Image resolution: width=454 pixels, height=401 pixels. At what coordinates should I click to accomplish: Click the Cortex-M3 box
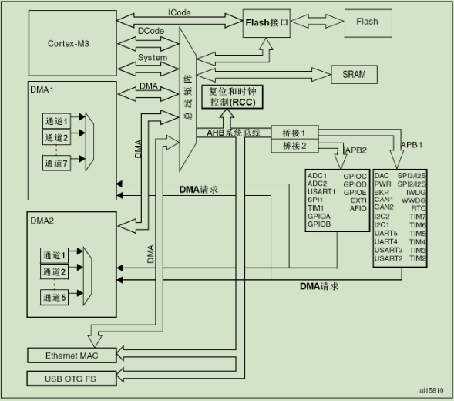tap(72, 43)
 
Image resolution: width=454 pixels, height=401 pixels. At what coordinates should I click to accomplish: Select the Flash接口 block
tap(267, 23)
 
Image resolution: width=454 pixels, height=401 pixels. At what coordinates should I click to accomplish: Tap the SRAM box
tap(354, 75)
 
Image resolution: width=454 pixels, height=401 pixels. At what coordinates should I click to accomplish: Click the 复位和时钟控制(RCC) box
tap(232, 96)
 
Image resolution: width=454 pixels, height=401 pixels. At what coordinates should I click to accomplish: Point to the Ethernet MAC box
tap(72, 356)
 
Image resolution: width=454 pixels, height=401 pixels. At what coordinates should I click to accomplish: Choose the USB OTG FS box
tap(72, 379)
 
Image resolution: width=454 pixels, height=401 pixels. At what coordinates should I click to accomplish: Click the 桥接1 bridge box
tap(294, 133)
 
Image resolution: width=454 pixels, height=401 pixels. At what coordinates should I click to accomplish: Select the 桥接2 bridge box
tap(294, 146)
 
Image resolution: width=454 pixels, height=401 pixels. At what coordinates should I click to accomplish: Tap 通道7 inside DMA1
tap(56, 163)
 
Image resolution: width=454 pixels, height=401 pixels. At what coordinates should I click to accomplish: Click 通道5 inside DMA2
tap(54, 297)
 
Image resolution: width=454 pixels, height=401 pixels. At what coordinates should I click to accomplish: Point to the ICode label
tap(180, 12)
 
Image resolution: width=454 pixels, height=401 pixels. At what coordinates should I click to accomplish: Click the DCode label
tap(151, 31)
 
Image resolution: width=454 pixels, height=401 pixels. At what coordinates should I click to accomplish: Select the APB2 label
tap(356, 150)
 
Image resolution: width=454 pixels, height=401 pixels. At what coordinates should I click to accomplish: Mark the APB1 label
tap(412, 144)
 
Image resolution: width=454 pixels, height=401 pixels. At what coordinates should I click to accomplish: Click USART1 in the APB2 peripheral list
tap(321, 191)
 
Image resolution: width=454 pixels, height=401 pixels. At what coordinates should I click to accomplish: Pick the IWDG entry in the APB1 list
tap(415, 192)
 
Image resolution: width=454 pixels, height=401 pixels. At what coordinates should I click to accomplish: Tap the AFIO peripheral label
tap(358, 208)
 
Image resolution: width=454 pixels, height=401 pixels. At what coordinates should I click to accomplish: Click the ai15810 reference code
tap(432, 390)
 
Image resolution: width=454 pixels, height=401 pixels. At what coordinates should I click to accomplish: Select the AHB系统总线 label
tap(233, 133)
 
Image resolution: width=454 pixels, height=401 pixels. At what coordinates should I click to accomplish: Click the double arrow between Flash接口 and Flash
tap(318, 21)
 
